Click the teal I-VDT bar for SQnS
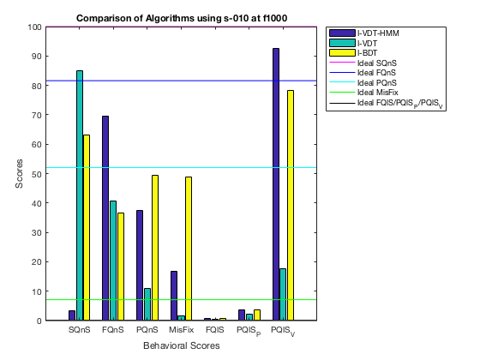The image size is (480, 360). pos(80,195)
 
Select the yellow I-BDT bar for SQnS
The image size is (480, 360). pos(87,228)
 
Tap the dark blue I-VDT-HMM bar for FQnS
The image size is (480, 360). pos(105,219)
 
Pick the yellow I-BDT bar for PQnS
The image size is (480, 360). pos(155,248)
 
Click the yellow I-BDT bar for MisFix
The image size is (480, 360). pos(189,249)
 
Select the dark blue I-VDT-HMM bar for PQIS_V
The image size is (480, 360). pos(276,184)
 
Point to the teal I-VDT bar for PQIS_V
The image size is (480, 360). pos(283,295)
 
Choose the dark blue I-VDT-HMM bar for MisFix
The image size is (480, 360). pos(174,296)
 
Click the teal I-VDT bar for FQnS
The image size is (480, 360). pos(113,261)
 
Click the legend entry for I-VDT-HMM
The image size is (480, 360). pos(364,33)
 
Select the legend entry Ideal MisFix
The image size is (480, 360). pos(364,93)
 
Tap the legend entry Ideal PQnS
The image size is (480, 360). pos(363,82)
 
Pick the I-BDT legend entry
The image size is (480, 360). pos(353,53)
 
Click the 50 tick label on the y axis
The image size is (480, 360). pos(35,174)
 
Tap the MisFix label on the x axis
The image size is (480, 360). pos(181,330)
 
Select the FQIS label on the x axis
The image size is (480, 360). pos(215,330)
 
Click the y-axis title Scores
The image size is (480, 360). pos(19,173)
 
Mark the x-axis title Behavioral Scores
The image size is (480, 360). pos(182,345)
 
